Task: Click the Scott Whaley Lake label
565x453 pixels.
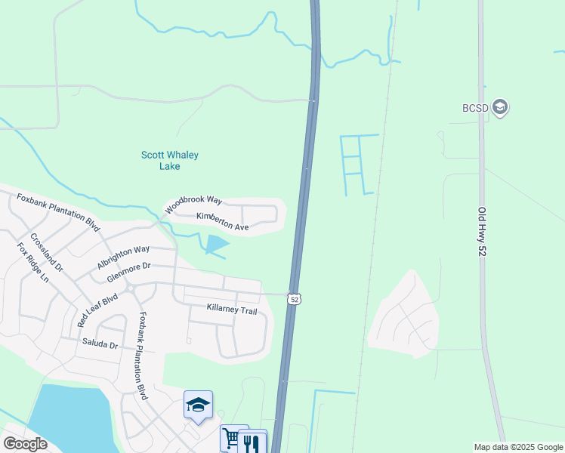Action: (x=169, y=161)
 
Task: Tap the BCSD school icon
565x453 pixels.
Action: (x=499, y=107)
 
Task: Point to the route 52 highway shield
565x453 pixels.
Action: (x=295, y=299)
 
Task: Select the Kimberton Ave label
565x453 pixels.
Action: (x=222, y=221)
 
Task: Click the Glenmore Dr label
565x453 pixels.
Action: (x=129, y=272)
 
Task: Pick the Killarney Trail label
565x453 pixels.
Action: (x=232, y=310)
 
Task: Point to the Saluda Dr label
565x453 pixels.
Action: (x=100, y=344)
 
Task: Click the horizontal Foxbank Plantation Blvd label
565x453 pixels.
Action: (x=58, y=212)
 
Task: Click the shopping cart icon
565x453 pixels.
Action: (x=230, y=438)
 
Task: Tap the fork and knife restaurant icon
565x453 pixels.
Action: (x=252, y=441)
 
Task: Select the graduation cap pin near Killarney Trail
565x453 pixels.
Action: (x=198, y=405)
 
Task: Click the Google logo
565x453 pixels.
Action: (x=25, y=444)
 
